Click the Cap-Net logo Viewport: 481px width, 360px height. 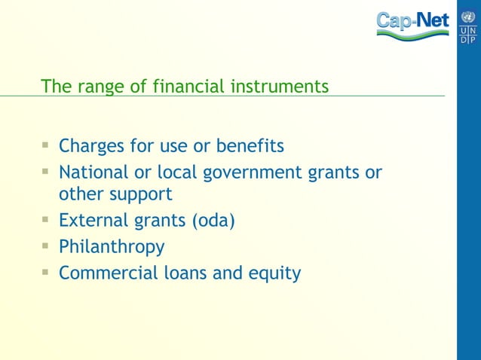(412, 24)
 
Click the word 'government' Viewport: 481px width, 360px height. (252, 173)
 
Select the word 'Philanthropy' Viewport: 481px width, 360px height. (112, 247)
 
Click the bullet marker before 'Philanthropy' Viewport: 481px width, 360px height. (46, 246)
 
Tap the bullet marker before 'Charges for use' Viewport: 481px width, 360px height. (46, 144)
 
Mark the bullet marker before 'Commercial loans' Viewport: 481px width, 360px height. (46, 271)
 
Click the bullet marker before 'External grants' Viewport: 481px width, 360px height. (46, 219)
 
